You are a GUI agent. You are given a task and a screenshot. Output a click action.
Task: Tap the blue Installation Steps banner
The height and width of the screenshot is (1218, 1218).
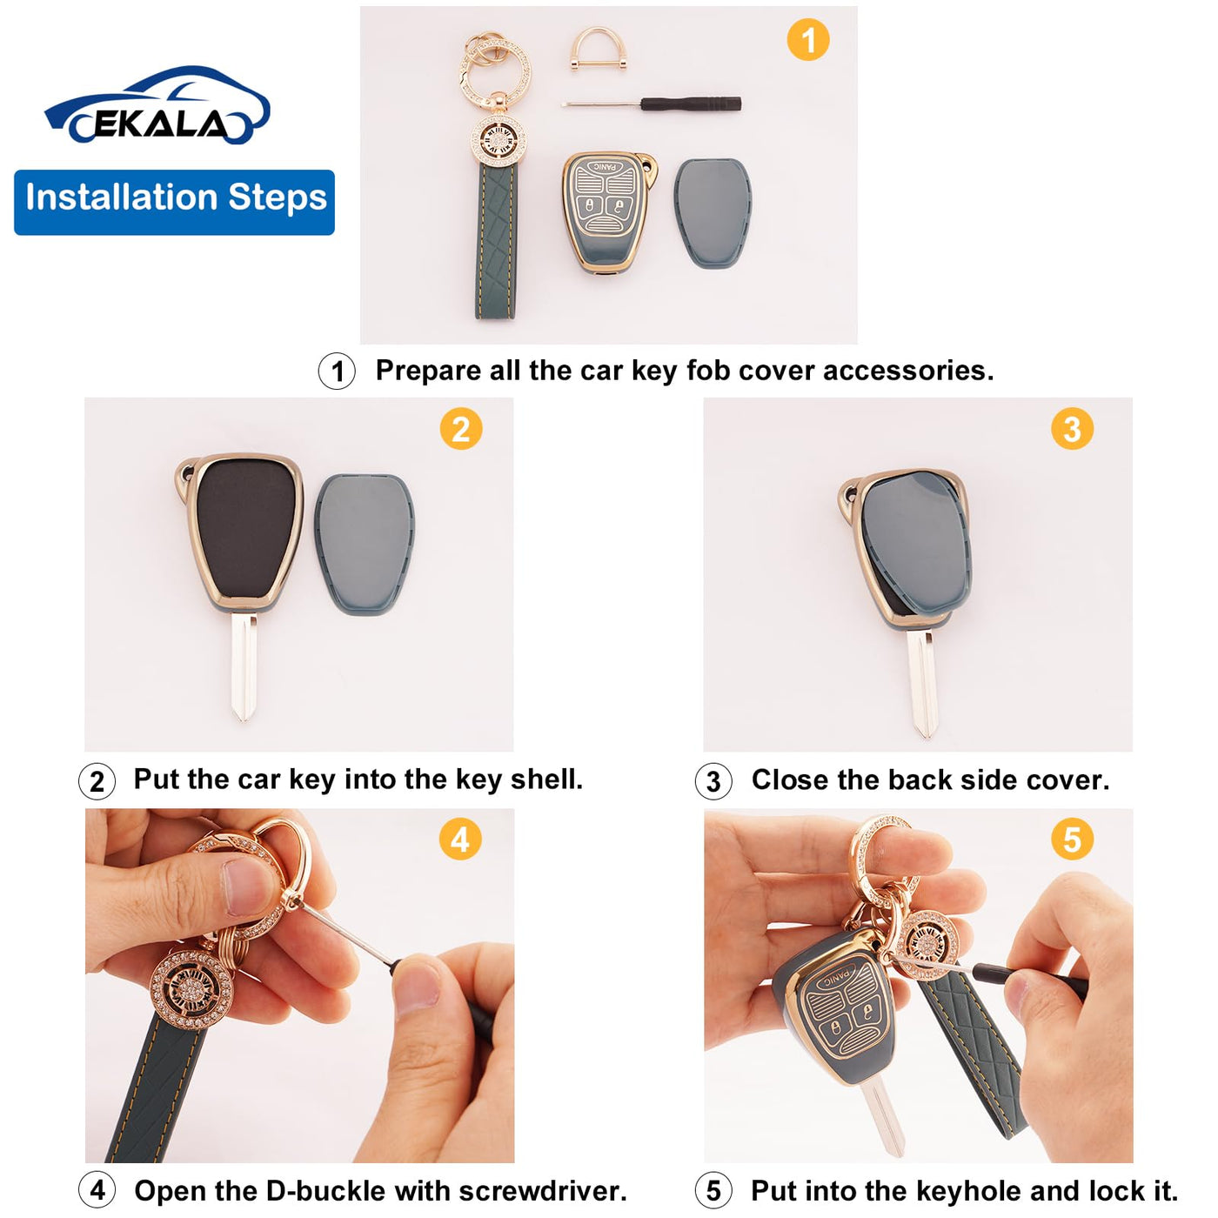[x=175, y=202]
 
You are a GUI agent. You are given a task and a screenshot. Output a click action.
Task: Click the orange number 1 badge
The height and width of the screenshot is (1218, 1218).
[x=807, y=40]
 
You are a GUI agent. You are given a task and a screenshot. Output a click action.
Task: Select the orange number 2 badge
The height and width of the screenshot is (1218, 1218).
[x=461, y=429]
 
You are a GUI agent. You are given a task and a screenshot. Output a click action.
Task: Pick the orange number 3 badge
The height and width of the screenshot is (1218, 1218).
[x=1072, y=429]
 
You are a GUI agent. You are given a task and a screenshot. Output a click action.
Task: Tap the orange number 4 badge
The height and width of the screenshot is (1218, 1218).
[x=460, y=840]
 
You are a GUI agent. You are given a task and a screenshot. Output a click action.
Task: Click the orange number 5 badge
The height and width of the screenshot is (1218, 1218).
[x=1072, y=840]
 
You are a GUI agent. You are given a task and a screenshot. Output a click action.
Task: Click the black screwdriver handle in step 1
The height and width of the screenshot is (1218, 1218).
[x=691, y=104]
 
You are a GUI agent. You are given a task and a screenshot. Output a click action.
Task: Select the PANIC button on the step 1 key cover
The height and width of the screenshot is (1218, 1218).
[x=605, y=168]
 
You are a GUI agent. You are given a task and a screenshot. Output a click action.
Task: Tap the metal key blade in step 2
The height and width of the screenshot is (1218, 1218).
[x=244, y=666]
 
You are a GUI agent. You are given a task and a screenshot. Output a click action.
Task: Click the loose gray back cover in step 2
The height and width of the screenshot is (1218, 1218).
[x=364, y=543]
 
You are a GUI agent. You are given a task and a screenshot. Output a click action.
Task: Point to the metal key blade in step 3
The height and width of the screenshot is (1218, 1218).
[x=921, y=684]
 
